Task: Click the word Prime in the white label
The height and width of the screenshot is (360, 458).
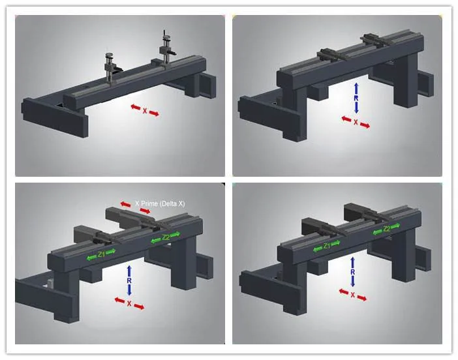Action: click(x=149, y=203)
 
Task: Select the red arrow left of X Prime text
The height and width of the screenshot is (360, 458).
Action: click(x=126, y=204)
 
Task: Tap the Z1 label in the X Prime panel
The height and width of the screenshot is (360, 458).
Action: click(x=101, y=254)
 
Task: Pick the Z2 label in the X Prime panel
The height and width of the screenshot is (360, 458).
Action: click(x=166, y=237)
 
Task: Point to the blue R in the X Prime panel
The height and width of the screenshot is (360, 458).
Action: click(x=129, y=280)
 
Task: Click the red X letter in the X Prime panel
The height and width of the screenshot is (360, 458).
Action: click(x=129, y=303)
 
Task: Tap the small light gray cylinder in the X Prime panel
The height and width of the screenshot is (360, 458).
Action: click(x=50, y=283)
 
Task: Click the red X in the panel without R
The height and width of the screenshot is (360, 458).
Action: click(x=145, y=111)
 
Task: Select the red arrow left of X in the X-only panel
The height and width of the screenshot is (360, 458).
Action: click(x=136, y=107)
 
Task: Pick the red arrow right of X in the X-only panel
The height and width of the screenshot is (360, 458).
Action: click(x=154, y=113)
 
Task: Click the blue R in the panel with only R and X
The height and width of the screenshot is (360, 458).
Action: click(x=356, y=98)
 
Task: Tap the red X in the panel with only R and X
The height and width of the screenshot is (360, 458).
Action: click(x=356, y=122)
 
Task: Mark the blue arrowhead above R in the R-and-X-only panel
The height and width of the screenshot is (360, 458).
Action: click(x=356, y=85)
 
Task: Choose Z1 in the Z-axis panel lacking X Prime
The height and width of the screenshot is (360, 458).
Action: click(x=327, y=246)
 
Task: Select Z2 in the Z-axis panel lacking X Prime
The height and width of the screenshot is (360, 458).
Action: click(x=387, y=229)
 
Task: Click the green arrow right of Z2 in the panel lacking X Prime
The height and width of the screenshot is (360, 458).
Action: click(x=395, y=226)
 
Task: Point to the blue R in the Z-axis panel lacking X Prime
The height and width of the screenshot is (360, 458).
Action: click(x=353, y=272)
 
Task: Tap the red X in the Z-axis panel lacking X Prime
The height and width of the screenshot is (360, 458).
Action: click(x=353, y=295)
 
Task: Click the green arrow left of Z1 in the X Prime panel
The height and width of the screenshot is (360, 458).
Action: click(x=92, y=258)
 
